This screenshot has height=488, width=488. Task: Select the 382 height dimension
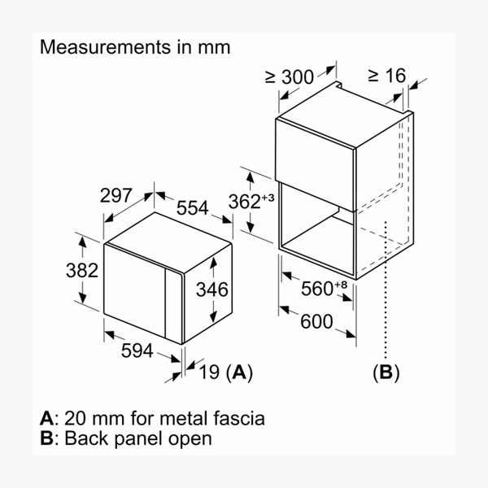(83, 270)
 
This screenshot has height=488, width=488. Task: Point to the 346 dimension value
(212, 289)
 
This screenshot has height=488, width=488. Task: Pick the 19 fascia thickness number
(209, 373)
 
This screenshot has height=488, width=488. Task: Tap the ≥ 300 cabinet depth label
(289, 77)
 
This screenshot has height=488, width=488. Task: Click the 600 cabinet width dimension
(316, 321)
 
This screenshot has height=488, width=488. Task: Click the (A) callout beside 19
(239, 373)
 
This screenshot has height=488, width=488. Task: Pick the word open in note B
(194, 439)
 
